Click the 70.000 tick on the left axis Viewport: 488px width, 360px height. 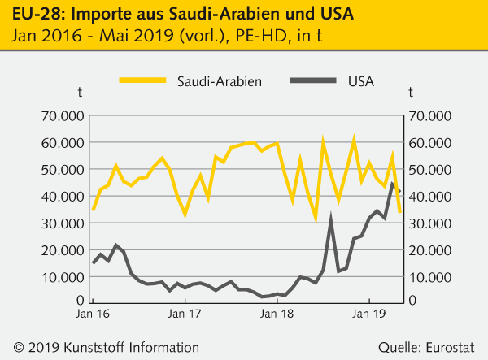click(63, 115)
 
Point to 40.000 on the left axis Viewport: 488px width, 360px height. click(63, 196)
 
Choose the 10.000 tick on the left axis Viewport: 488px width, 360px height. click(63, 276)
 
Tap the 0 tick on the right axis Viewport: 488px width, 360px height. click(413, 301)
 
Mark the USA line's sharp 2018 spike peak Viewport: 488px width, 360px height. click(331, 219)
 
